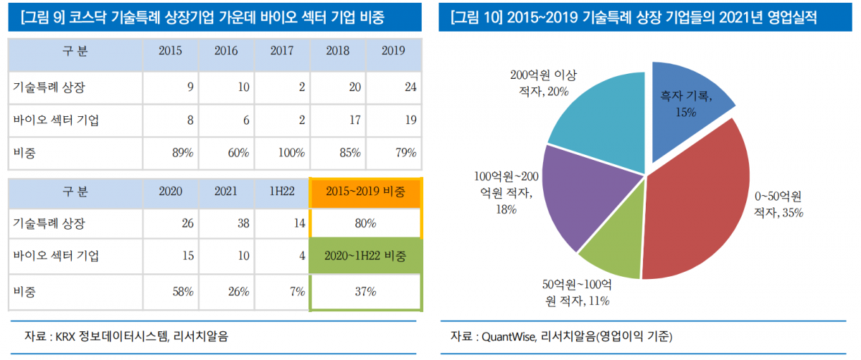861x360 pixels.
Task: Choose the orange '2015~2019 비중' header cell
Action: tap(365, 191)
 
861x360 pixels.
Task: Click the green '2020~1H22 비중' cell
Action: tap(365, 256)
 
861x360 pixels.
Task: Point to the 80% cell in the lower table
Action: tap(365, 224)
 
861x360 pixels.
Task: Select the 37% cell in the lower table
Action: tap(365, 292)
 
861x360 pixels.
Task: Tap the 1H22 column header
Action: tap(282, 191)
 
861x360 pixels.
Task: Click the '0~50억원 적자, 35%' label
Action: tap(778, 204)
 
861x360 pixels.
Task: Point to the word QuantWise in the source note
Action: tap(507, 336)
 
